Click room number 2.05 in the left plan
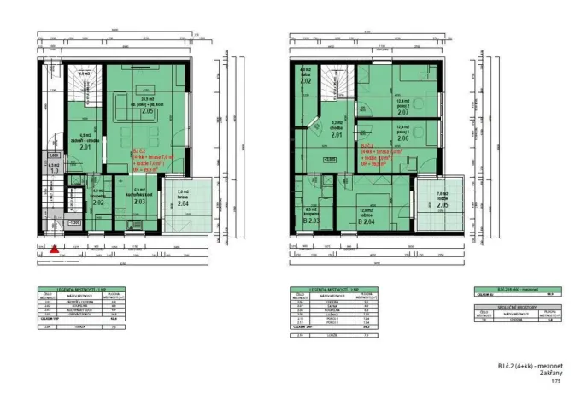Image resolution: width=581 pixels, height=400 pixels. tap(147, 111)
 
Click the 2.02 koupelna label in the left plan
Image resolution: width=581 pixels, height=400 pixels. tap(98, 203)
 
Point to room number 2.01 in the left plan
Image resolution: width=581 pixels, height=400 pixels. tap(85, 147)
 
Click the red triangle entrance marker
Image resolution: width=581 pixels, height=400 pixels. tap(54, 250)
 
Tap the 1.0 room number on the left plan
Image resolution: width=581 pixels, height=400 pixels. tap(54, 172)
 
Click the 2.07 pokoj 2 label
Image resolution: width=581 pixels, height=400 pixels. tap(402, 112)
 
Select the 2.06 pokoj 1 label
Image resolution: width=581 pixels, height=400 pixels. tap(402, 138)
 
